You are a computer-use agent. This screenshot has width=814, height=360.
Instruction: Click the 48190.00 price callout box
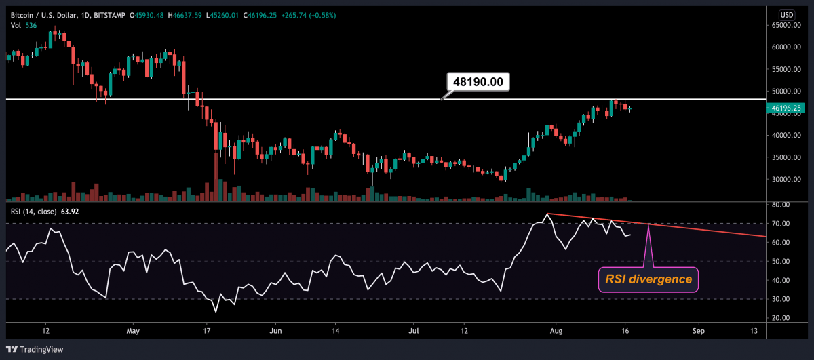coord(478,81)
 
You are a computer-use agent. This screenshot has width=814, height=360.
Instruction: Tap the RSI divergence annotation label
coord(648,279)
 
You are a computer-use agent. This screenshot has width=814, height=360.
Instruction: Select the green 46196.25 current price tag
coord(787,108)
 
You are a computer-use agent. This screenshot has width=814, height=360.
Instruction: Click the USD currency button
coord(787,14)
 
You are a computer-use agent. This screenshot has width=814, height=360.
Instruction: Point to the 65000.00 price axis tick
coord(788,26)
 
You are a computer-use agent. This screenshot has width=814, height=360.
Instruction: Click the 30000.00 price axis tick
coord(788,180)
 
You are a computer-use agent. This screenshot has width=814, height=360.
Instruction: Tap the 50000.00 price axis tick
coord(788,92)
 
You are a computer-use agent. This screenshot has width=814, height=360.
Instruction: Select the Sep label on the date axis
coord(699,331)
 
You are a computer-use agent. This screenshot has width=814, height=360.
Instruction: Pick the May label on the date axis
coord(133,331)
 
